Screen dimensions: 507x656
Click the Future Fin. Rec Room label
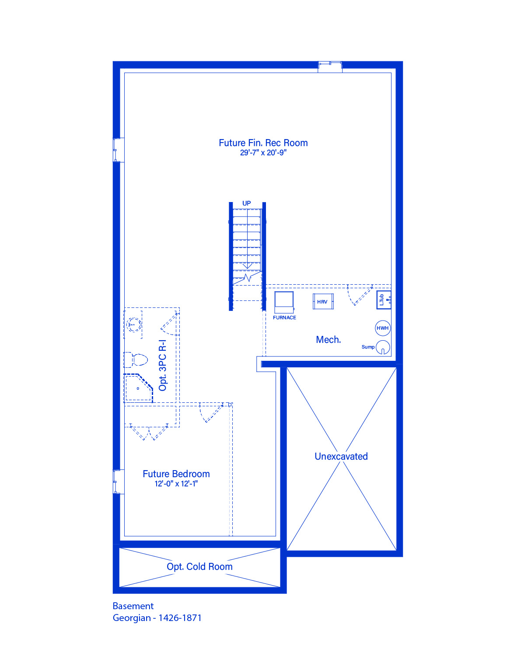263,143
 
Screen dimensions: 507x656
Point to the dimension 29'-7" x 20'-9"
263,153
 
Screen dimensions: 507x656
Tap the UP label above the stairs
246,203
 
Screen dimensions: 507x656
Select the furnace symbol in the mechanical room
284,302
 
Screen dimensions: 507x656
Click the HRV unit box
323,302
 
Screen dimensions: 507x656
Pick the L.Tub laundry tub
384,300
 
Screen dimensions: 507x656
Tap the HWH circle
383,328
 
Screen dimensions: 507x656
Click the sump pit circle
383,347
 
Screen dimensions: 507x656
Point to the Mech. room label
328,340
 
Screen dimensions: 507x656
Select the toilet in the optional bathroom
136,360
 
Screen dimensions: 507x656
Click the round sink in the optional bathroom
133,325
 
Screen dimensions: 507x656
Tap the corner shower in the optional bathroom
138,388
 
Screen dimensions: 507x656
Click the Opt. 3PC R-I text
163,366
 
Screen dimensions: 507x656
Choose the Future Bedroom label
176,474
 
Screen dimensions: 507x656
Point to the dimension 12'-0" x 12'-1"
176,484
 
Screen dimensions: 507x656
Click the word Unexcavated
341,457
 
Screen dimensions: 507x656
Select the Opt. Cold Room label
199,567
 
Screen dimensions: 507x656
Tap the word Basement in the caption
133,606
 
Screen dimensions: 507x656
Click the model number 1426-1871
180,618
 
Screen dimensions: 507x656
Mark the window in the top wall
330,67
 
